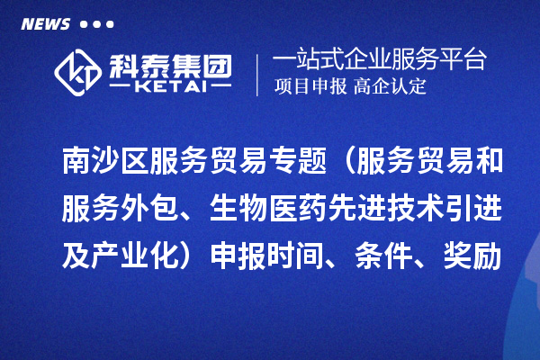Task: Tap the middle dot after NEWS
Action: [x=97, y=24]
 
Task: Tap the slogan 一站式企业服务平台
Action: [x=379, y=62]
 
